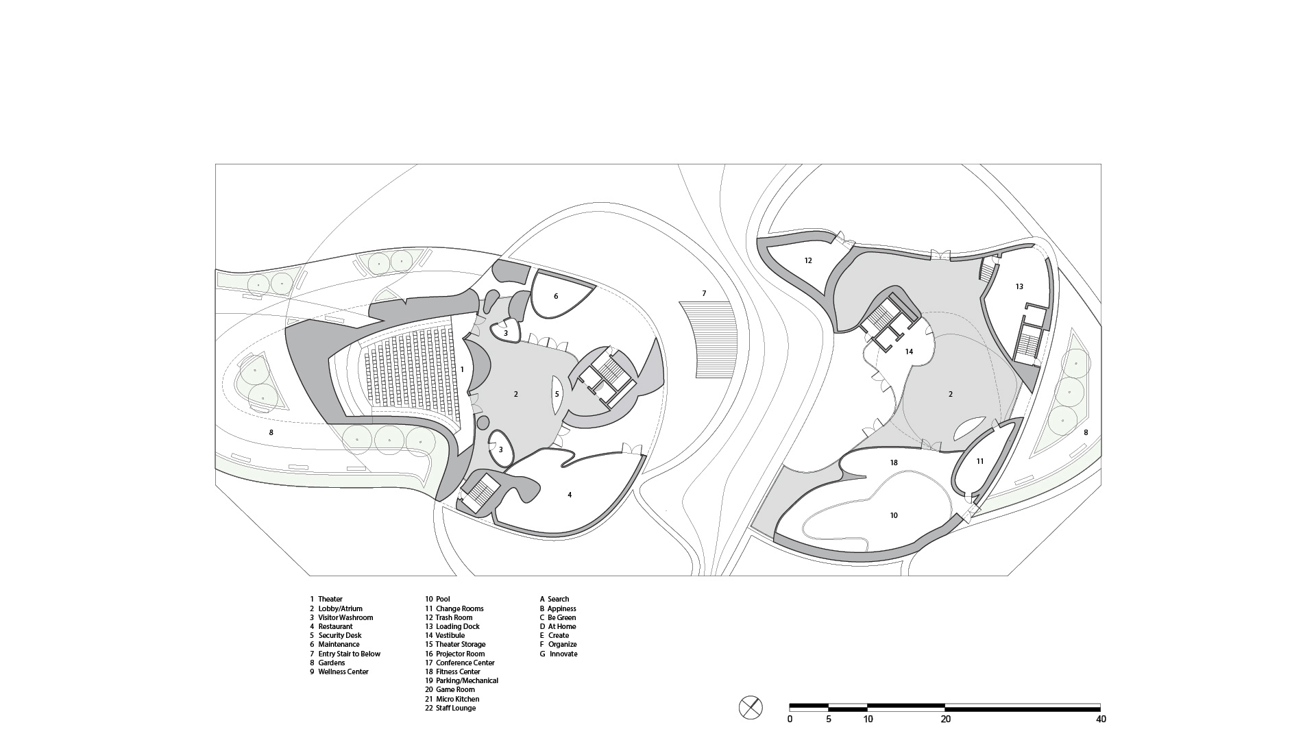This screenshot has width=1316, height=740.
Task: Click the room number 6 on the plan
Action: [x=556, y=296]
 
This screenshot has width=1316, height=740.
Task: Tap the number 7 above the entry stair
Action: [x=704, y=294]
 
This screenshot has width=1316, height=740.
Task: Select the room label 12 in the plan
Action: [x=808, y=260]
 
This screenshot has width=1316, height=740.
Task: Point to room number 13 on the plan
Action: [x=1019, y=286]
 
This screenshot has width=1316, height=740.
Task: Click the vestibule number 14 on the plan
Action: [x=909, y=351]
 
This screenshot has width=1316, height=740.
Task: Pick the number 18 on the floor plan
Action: [x=894, y=463]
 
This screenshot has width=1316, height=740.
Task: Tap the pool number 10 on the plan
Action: [x=894, y=515]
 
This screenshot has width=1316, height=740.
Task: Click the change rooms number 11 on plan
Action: [x=980, y=461]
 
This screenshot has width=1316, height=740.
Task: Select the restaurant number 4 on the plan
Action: [x=570, y=495]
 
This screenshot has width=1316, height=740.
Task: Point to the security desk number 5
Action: [x=557, y=394]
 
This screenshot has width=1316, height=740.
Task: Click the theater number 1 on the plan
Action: [x=462, y=369]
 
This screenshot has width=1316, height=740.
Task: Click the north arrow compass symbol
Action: [x=751, y=707]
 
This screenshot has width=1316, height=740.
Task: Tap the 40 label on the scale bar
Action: [x=1101, y=719]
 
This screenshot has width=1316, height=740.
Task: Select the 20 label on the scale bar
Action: [x=946, y=719]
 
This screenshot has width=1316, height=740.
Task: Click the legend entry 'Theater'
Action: [x=330, y=599]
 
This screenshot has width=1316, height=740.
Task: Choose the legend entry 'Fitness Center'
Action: [x=458, y=671]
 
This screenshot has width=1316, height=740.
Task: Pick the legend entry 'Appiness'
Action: [x=561, y=608]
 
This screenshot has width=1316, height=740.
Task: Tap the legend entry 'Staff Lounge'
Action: [x=455, y=708]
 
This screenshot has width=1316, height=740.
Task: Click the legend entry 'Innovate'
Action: [x=563, y=654]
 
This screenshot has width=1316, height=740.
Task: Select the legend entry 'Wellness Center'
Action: [x=343, y=671]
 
